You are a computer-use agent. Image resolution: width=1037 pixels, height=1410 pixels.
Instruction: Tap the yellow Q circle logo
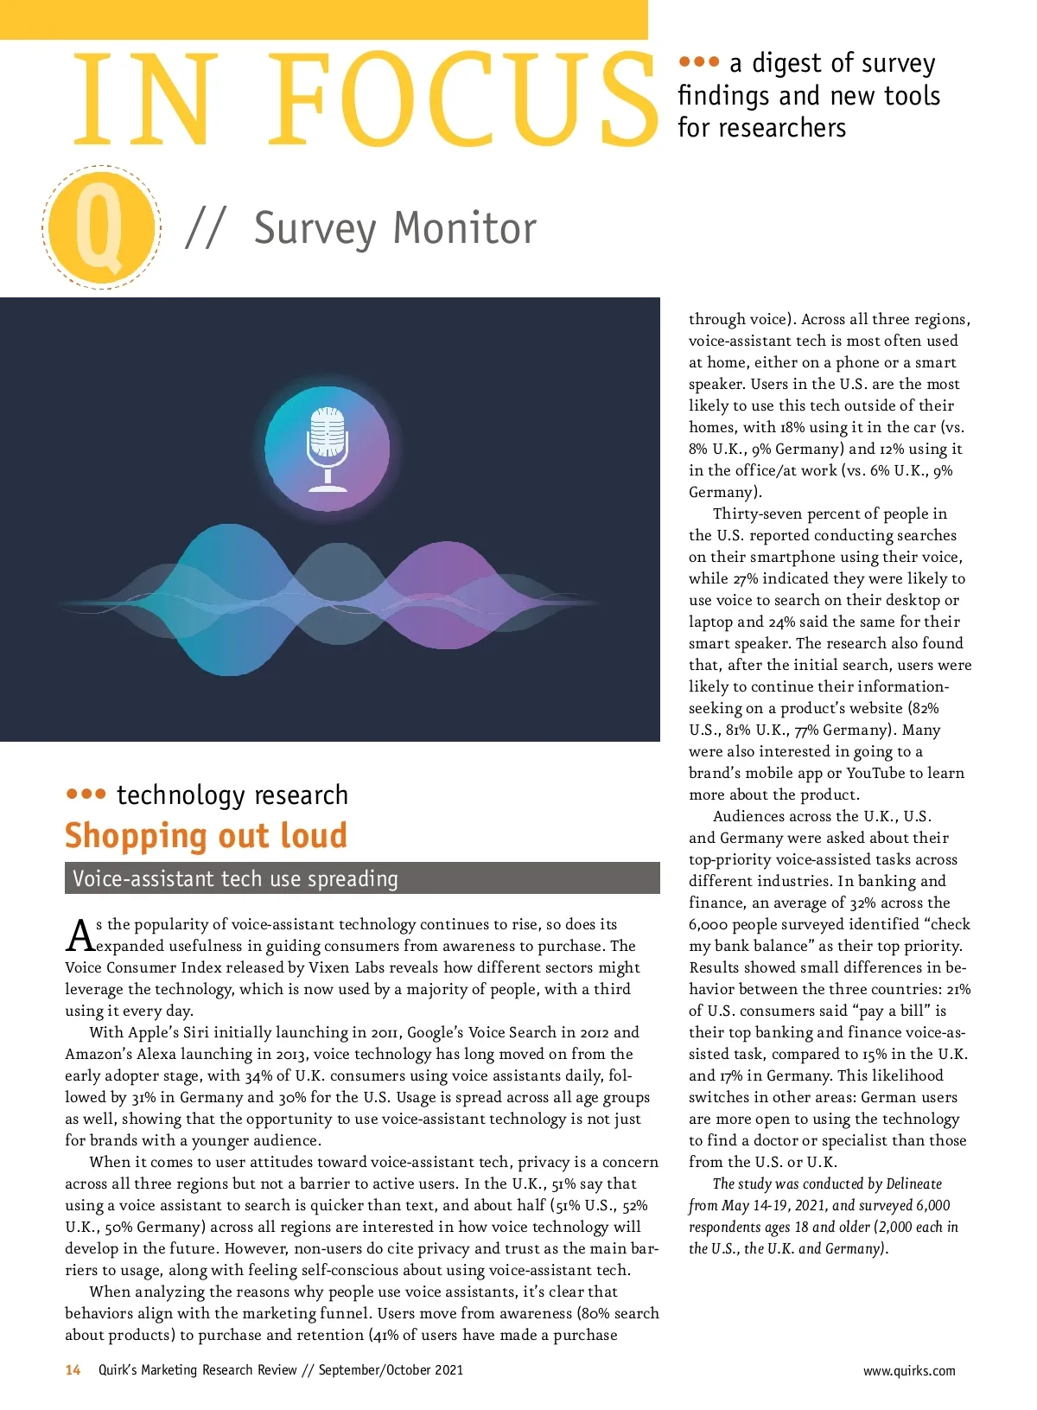tap(101, 227)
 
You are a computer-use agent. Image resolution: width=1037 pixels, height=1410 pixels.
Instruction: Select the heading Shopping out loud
tap(206, 836)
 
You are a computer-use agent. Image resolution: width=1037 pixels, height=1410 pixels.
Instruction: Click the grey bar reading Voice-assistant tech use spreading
tap(362, 878)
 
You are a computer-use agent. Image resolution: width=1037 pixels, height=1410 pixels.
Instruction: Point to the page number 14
tap(73, 1369)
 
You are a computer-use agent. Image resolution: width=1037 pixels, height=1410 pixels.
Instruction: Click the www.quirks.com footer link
tap(909, 1370)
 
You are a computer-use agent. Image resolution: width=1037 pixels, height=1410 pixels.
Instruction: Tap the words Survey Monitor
tap(395, 229)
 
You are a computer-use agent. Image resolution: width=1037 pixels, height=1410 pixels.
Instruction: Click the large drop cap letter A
tap(80, 935)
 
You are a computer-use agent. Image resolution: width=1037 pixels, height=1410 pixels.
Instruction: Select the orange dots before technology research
tap(86, 794)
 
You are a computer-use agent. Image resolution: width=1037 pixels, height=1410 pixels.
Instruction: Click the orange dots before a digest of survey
tap(698, 62)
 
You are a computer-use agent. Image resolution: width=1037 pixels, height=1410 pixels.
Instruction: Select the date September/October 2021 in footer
tap(391, 1370)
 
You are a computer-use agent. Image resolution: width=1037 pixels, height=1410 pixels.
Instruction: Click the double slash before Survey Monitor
tap(205, 229)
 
